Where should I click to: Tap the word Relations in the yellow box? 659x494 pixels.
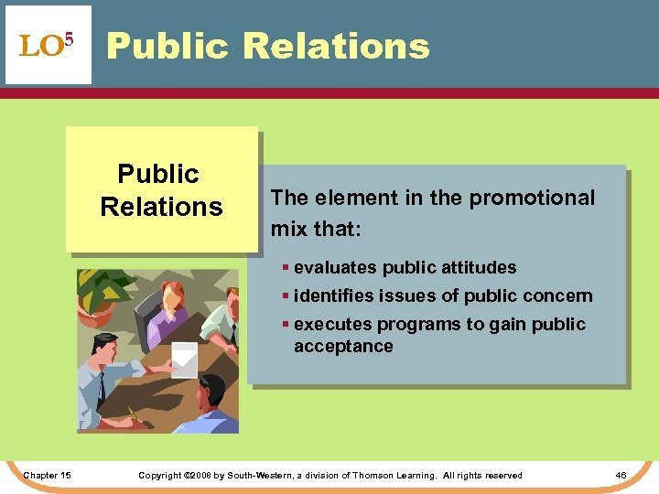(161, 207)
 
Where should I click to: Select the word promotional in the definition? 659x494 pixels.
(545, 199)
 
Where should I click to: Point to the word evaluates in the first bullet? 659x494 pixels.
(334, 268)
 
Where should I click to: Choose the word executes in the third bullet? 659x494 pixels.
(330, 325)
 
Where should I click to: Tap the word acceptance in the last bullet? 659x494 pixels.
(343, 347)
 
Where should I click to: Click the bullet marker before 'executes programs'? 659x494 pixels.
(286, 325)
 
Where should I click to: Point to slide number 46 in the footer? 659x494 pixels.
(621, 475)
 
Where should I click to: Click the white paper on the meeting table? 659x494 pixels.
(184, 358)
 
